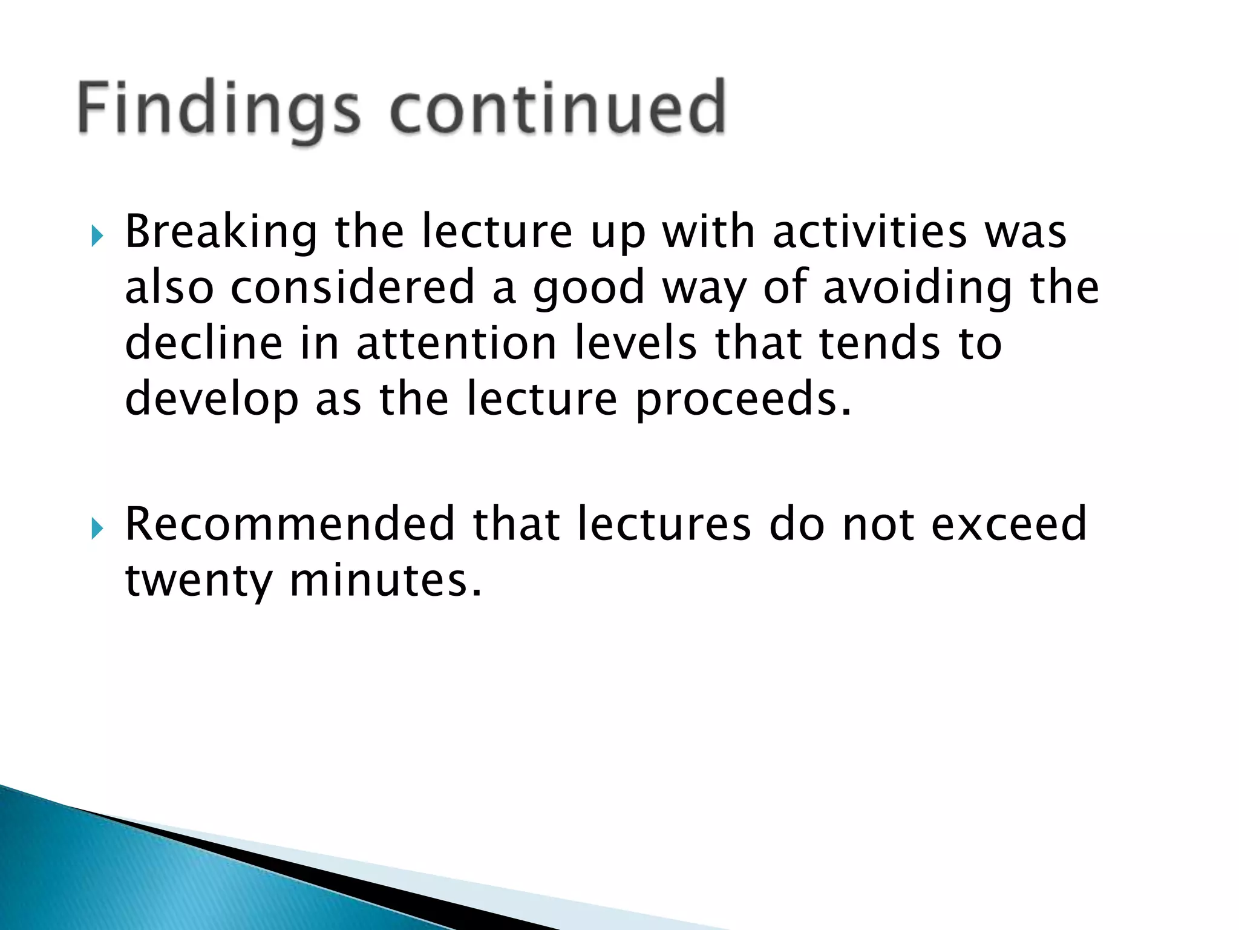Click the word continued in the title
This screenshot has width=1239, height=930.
pyautogui.click(x=558, y=109)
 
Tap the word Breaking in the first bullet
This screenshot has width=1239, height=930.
pyautogui.click(x=221, y=233)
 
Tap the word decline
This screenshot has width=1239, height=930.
pyautogui.click(x=204, y=343)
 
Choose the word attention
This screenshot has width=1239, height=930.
pyautogui.click(x=456, y=343)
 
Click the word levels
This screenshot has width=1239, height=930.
pyautogui.click(x=635, y=343)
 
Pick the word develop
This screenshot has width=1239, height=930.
pyautogui.click(x=212, y=400)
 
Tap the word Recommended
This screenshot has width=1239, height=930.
pyautogui.click(x=290, y=524)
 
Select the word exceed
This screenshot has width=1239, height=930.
pyautogui.click(x=1009, y=524)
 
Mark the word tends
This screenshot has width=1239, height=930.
pyautogui.click(x=880, y=343)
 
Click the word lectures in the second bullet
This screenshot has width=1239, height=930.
pyautogui.click(x=664, y=524)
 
